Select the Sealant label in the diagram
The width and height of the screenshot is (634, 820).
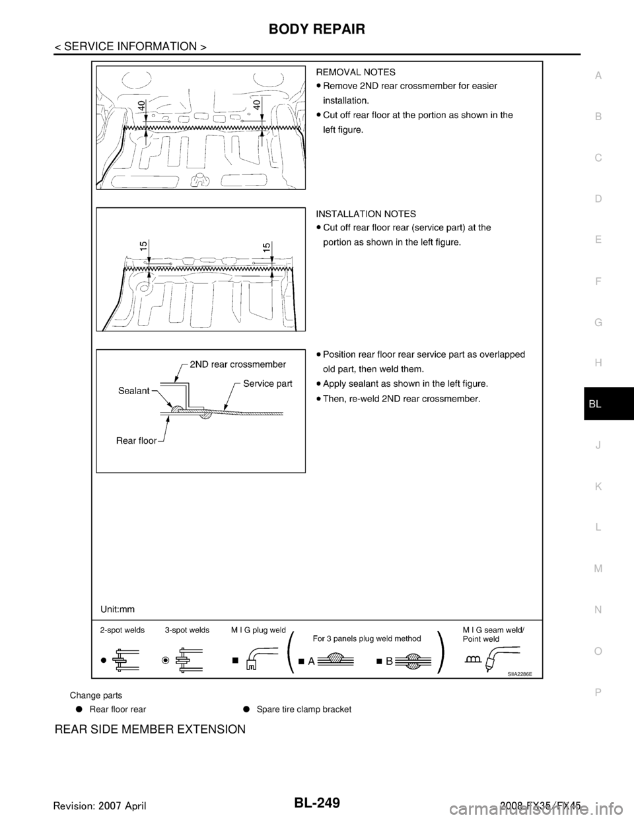click(135, 390)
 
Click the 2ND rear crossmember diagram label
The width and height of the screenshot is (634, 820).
click(237, 364)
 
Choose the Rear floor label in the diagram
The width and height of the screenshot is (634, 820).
click(136, 441)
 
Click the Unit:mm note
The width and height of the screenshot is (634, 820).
click(119, 606)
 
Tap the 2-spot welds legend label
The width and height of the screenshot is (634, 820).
click(122, 630)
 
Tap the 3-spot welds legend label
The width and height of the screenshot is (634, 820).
click(187, 630)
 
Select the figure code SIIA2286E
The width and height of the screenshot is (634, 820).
click(519, 675)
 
